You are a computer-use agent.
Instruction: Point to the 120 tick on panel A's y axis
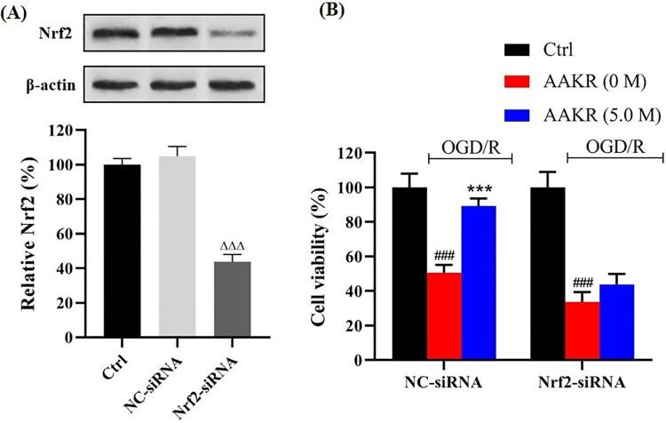click(x=87, y=131)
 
